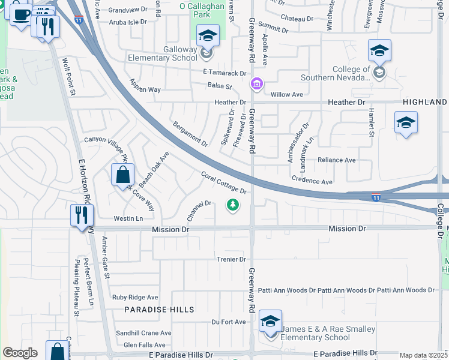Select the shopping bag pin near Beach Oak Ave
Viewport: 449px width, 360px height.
tap(122, 175)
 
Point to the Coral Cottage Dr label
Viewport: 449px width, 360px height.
tap(224, 183)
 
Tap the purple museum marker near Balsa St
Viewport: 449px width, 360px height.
tap(257, 84)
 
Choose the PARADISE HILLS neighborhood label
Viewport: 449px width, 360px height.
tap(159, 310)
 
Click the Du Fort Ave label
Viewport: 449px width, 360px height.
tap(229, 322)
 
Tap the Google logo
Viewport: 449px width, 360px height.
tap(20, 353)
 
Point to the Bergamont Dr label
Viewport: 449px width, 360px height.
tap(190, 134)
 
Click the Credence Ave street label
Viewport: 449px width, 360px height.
tap(312, 181)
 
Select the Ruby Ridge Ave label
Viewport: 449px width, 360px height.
tap(135, 297)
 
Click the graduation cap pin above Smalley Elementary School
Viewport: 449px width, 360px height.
tap(271, 322)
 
